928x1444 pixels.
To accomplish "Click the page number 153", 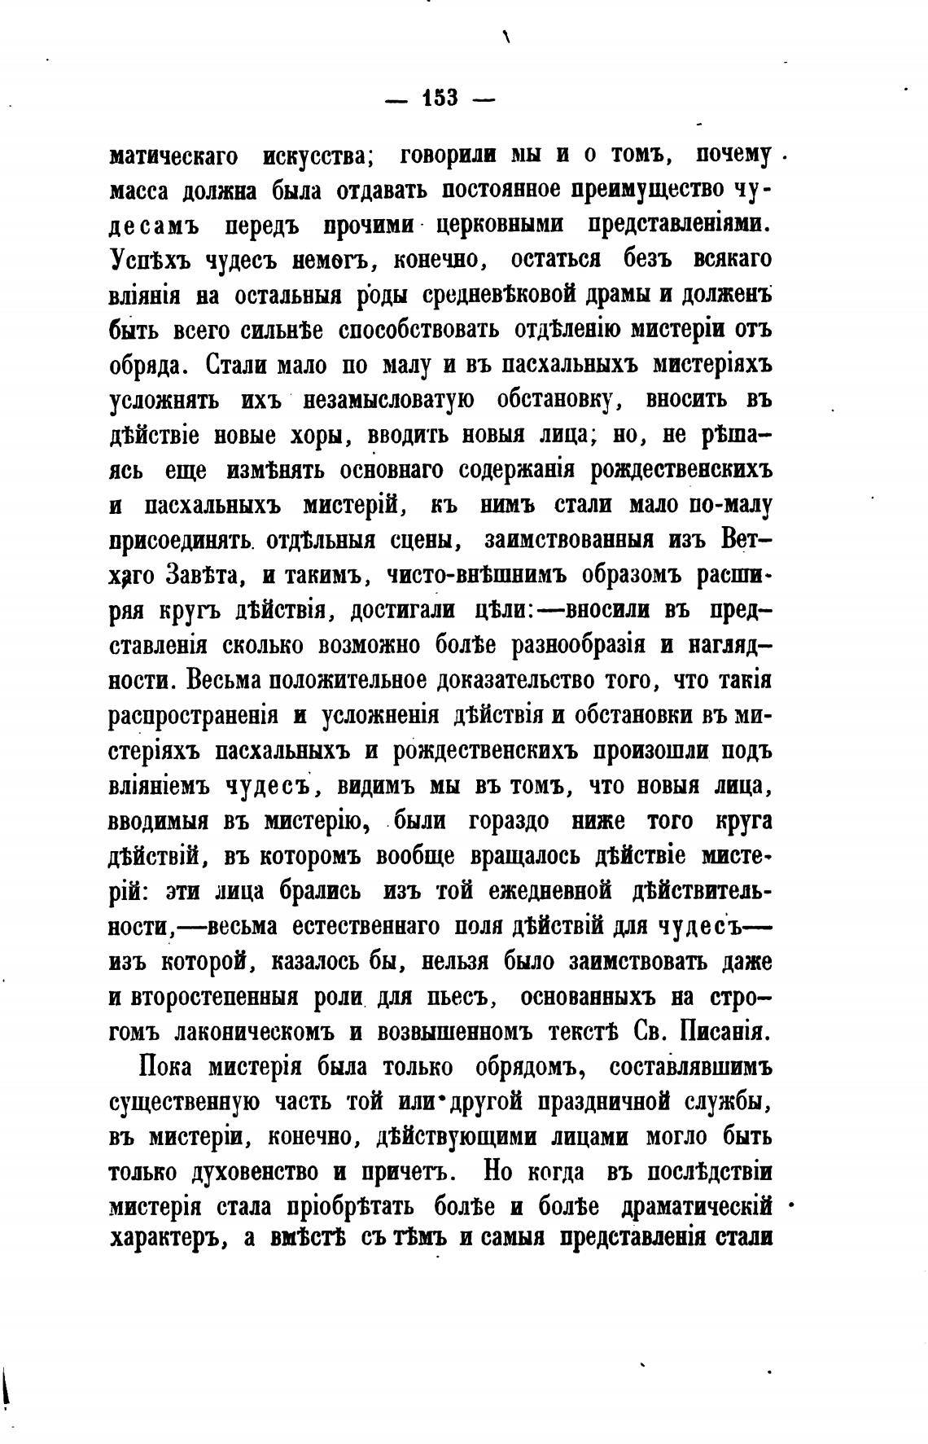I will (440, 99).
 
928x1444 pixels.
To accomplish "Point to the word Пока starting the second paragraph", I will (167, 1068).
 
